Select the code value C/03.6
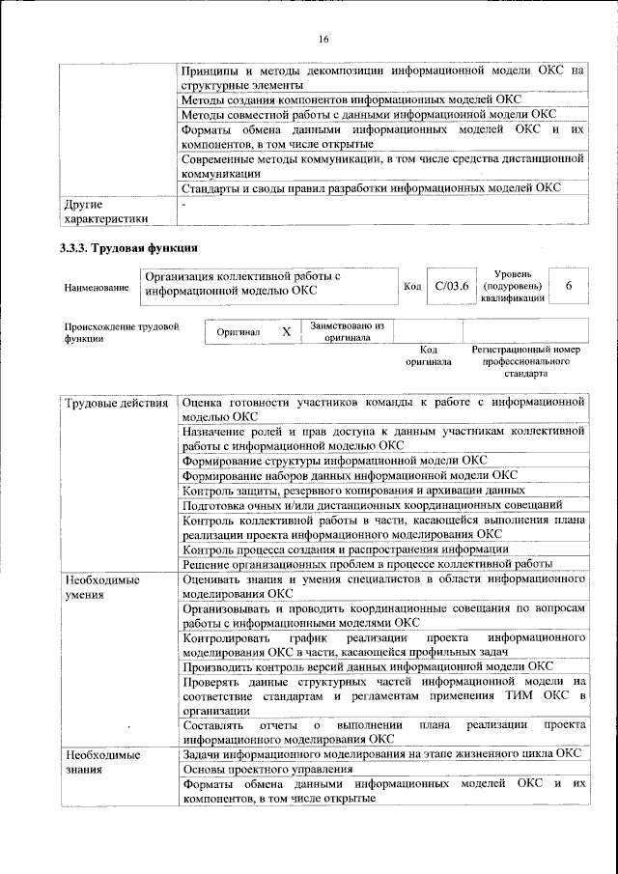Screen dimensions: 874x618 point(451,286)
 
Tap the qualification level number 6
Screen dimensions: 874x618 point(569,286)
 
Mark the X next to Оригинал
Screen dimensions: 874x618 point(285,331)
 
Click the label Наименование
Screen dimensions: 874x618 point(95,287)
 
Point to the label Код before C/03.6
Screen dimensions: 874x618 point(412,287)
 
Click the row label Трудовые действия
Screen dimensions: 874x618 point(116,402)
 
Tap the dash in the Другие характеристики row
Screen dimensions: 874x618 point(183,205)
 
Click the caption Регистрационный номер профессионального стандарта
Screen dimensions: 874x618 point(525,360)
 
